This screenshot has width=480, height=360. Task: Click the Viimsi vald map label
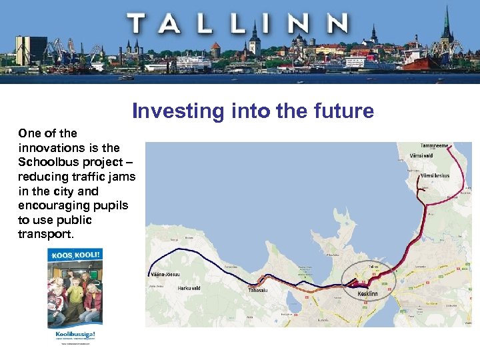pos(423,155)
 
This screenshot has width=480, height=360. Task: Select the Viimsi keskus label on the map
pos(435,176)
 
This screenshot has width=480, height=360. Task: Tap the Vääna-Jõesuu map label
pos(163,274)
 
